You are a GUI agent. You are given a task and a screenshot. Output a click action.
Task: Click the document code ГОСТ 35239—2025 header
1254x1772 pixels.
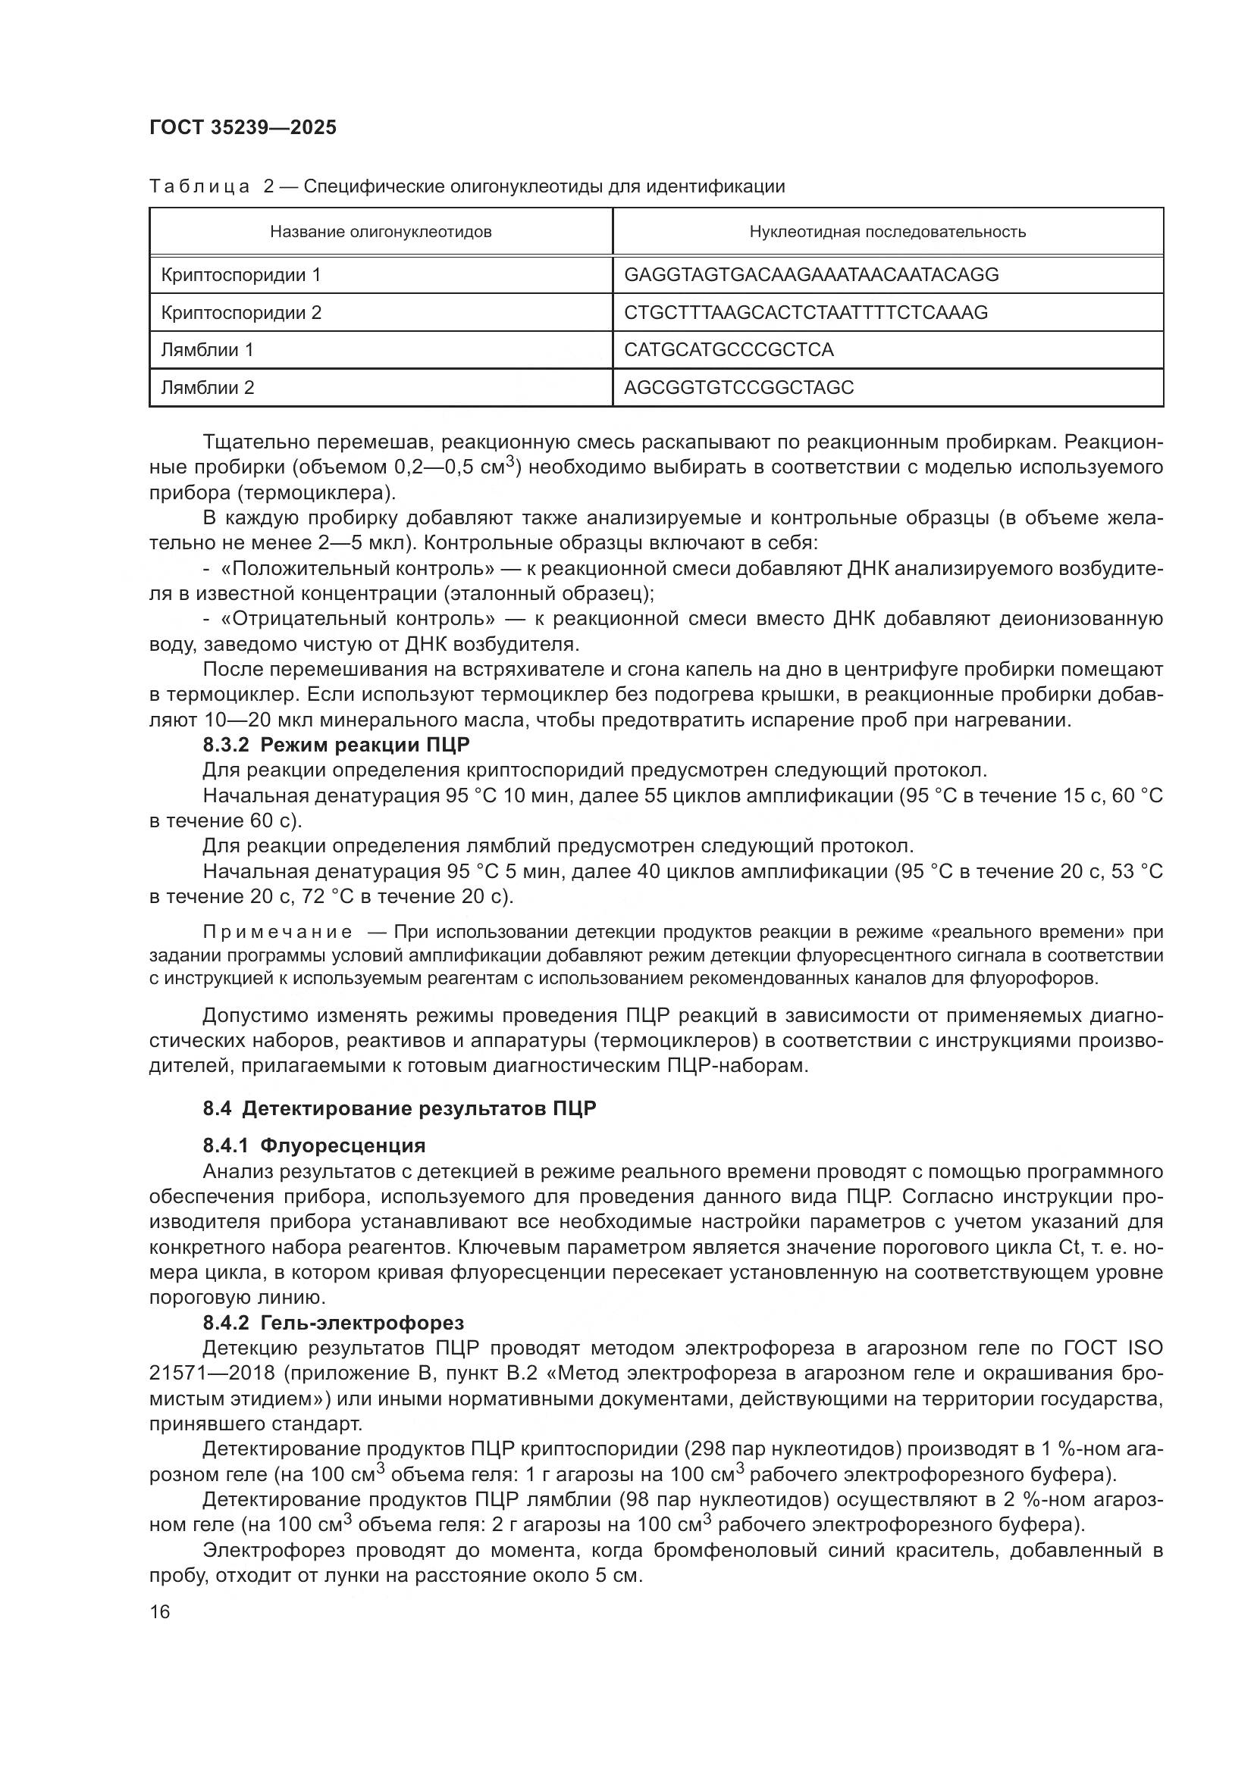(x=243, y=127)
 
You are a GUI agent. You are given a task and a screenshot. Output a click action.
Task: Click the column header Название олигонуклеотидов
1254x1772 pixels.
(x=381, y=232)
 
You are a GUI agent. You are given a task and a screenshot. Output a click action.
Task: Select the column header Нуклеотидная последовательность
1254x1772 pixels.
(x=887, y=232)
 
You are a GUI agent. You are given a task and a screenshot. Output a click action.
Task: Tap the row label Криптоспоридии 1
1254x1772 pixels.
(x=240, y=275)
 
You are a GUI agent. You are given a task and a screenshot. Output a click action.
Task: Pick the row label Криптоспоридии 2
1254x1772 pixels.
(x=241, y=313)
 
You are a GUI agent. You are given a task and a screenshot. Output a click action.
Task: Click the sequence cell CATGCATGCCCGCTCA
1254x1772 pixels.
(x=728, y=349)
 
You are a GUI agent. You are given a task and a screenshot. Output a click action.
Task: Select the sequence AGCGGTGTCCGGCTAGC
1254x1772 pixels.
(x=738, y=387)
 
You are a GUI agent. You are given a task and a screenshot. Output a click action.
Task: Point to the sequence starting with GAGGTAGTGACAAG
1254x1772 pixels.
(x=810, y=275)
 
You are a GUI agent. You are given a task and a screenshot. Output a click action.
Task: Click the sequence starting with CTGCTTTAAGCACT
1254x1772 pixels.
(x=805, y=313)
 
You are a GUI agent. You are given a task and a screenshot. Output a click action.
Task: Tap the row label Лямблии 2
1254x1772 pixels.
(x=207, y=387)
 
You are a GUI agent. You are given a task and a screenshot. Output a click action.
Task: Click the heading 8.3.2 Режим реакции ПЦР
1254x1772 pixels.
(x=336, y=745)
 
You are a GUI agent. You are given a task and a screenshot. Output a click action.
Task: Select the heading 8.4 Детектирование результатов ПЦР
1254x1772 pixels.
(x=400, y=1108)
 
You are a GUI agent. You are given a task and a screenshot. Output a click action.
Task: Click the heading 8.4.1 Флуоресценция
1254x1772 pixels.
(x=315, y=1145)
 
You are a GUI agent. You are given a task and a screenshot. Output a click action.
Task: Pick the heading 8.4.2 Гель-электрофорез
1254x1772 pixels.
(x=333, y=1323)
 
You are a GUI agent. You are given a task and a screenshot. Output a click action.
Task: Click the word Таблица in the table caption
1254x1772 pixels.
(x=199, y=186)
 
